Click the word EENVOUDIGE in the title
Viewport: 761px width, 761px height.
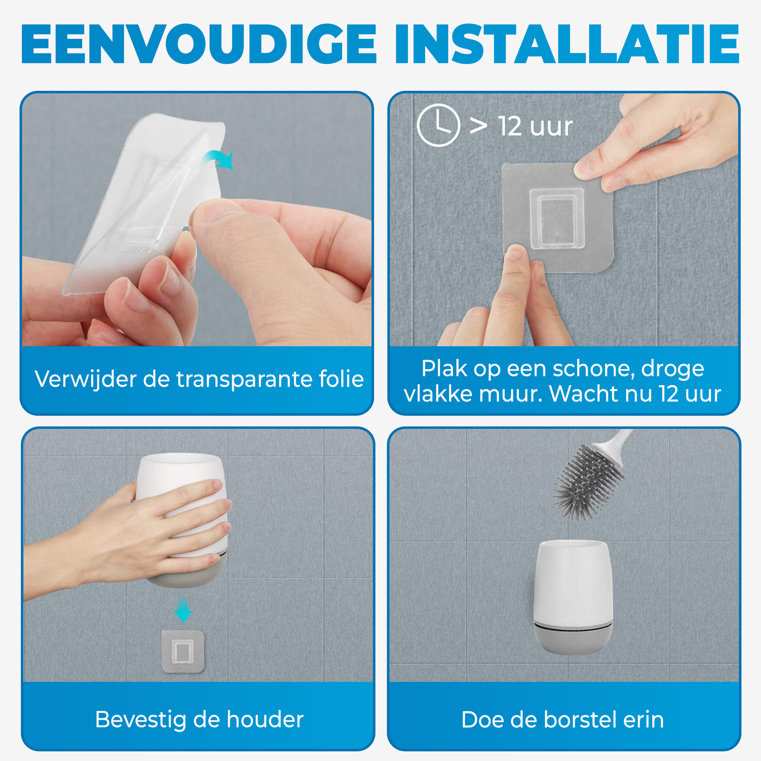click(199, 44)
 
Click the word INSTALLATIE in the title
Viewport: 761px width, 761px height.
click(567, 44)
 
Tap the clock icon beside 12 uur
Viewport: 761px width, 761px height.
click(438, 125)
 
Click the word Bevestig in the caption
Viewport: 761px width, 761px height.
click(141, 720)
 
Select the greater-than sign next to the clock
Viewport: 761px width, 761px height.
click(478, 126)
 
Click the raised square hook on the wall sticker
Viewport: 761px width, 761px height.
click(556, 219)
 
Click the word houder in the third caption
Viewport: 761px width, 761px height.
click(265, 720)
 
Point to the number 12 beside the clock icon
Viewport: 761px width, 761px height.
click(511, 126)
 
